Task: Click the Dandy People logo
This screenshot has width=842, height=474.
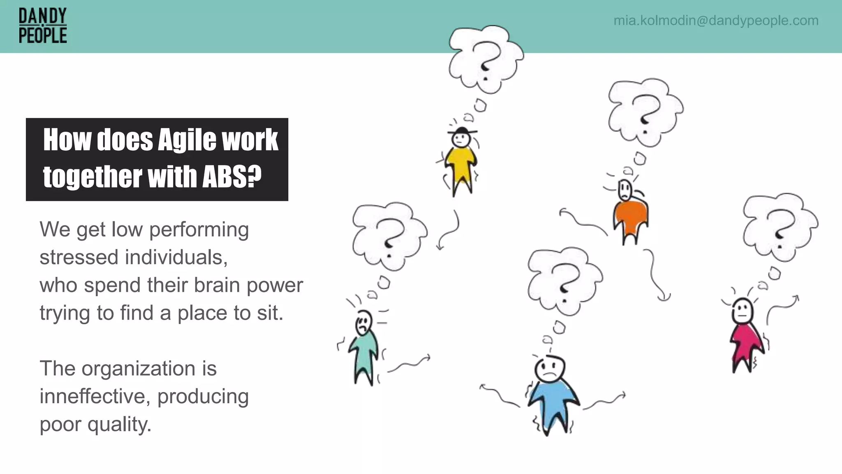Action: (43, 26)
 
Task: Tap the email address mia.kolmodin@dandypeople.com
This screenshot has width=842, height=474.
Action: (716, 21)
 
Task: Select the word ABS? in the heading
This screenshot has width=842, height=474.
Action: (232, 177)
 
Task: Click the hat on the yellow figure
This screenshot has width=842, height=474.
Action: (462, 131)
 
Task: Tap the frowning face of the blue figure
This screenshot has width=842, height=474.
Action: (550, 369)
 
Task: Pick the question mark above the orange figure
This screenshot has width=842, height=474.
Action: (644, 113)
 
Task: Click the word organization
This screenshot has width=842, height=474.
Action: (138, 368)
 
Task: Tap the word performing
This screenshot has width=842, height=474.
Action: (199, 230)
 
